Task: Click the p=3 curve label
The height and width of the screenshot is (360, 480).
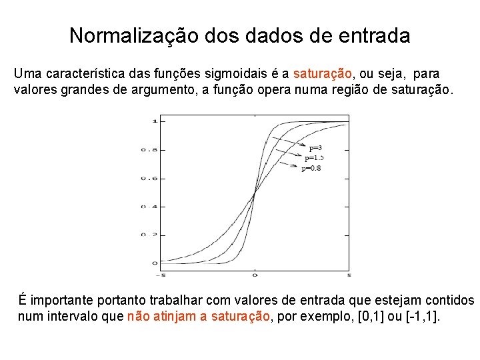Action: coord(316,147)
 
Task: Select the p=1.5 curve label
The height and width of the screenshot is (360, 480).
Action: coord(314,158)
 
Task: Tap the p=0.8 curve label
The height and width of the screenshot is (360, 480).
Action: coord(311,169)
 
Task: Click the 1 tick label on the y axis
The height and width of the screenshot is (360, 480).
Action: coord(154,121)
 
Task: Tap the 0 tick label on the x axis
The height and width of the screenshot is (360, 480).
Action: coord(255,275)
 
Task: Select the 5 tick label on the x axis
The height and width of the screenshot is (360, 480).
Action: coord(349,275)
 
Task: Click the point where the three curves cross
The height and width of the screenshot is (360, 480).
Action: coord(255,193)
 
